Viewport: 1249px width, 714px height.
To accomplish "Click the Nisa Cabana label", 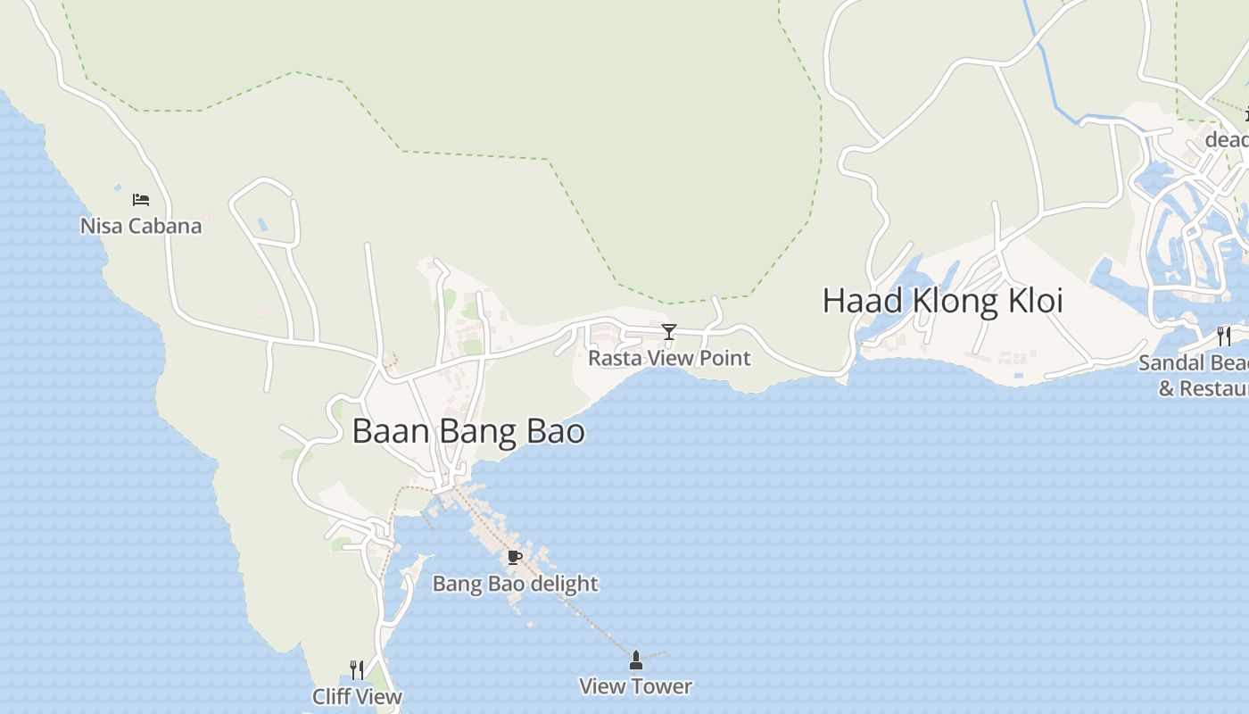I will (141, 226).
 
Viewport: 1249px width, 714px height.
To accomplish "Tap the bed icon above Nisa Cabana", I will (141, 199).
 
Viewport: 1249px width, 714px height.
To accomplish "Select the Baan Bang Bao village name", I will (468, 431).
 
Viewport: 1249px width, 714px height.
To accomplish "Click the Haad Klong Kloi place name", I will (942, 301).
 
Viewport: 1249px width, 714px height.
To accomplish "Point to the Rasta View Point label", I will (669, 358).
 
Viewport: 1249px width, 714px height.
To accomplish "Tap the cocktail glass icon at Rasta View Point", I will (669, 332).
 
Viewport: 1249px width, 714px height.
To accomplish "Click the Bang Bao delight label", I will (515, 584).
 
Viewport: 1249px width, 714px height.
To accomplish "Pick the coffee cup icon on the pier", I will (514, 558).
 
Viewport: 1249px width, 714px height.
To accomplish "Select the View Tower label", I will (635, 686).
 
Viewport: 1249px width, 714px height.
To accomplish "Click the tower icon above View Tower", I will (636, 660).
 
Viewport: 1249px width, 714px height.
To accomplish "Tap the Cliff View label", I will (357, 696).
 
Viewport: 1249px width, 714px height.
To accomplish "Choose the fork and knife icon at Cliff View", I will (357, 669).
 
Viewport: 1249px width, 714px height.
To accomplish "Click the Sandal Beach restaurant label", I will (1195, 375).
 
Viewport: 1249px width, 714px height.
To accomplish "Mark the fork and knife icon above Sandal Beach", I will (1224, 336).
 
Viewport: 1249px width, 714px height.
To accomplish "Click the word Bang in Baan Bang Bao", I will (480, 432).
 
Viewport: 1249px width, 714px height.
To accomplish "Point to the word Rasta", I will (615, 358).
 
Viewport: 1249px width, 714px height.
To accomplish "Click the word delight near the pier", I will (561, 584).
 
